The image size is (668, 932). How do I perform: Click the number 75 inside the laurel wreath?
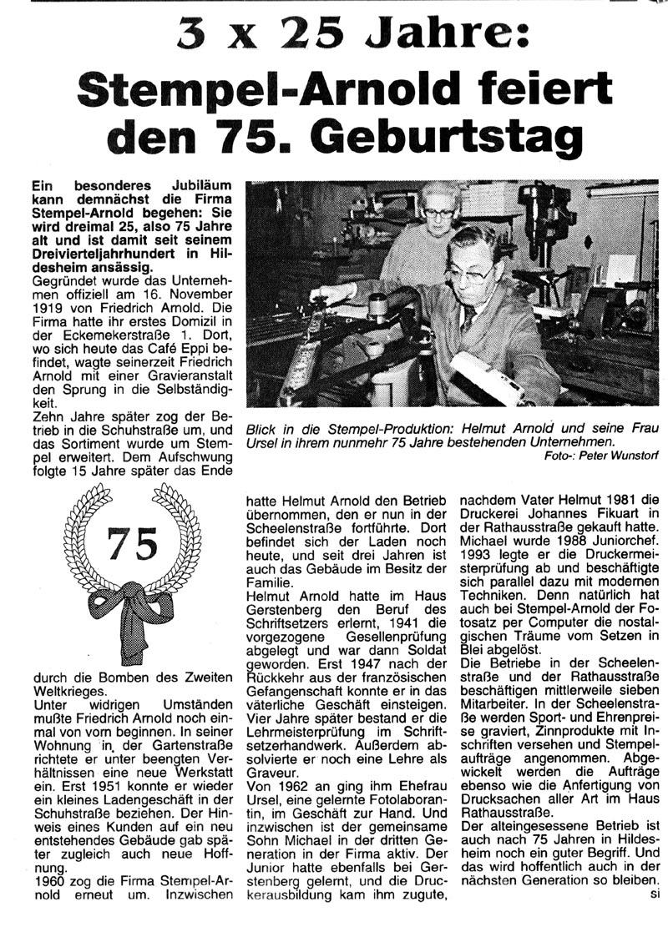[x=132, y=544]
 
